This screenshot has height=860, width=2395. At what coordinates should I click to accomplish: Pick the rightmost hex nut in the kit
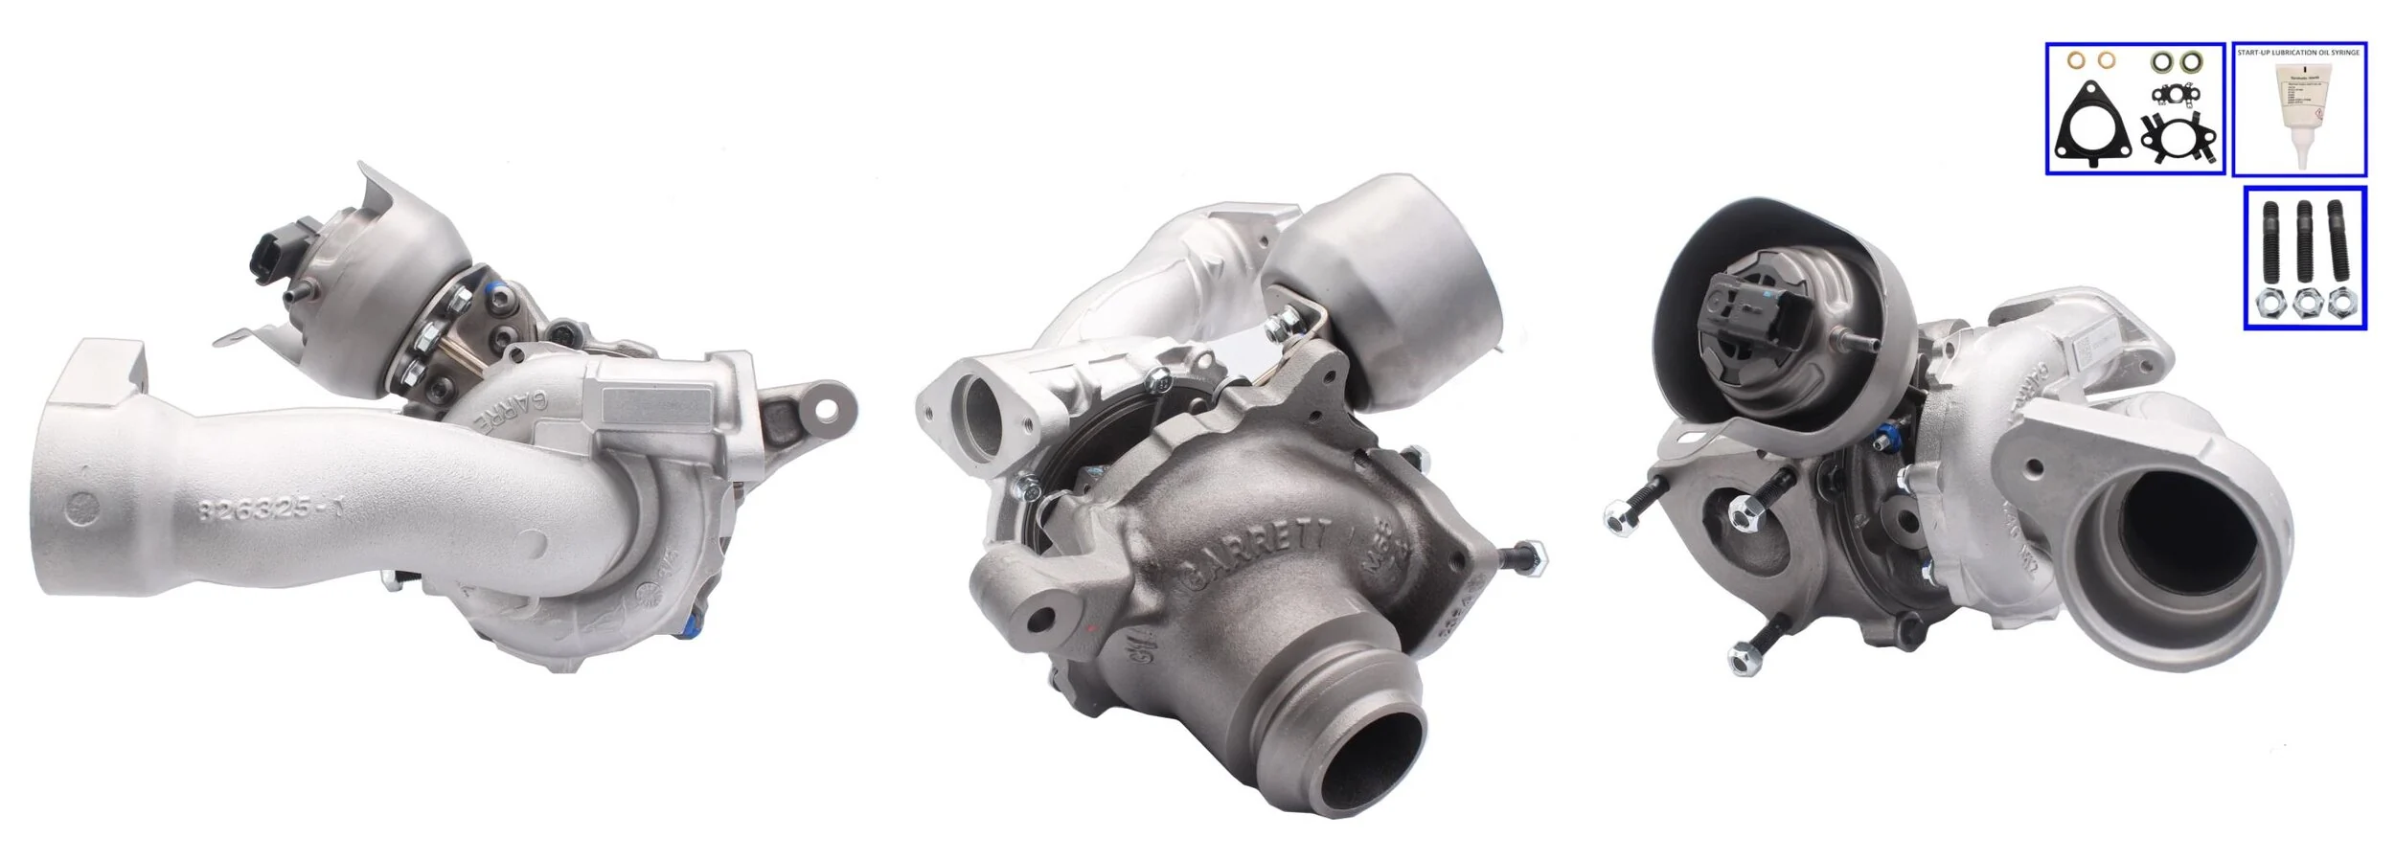pos(2338,305)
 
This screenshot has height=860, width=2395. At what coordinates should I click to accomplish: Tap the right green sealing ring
pos(2189,63)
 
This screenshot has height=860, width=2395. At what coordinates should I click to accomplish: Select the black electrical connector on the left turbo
pos(271,251)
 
